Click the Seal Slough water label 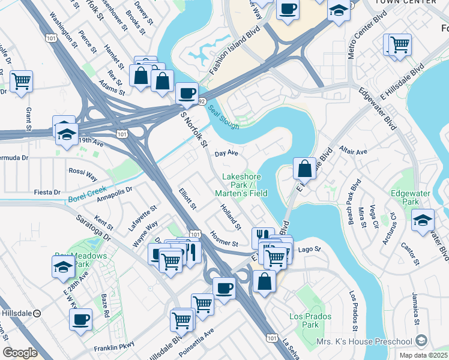pyautogui.click(x=223, y=117)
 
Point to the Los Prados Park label pyautogui.click(x=303, y=320)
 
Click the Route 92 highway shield pyautogui.click(x=202, y=102)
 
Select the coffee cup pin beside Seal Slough pyautogui.click(x=187, y=94)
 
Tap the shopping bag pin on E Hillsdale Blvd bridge pyautogui.click(x=304, y=169)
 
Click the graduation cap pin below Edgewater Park pyautogui.click(x=423, y=220)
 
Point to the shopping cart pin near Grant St pyautogui.click(x=21, y=81)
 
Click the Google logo pyautogui.click(x=20, y=353)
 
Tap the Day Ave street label pyautogui.click(x=227, y=154)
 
